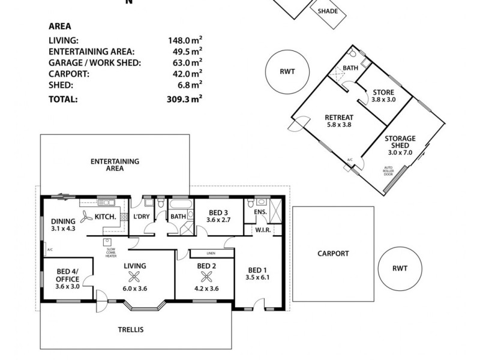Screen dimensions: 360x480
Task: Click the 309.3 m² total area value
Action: click(184, 100)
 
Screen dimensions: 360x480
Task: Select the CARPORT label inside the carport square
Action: click(332, 253)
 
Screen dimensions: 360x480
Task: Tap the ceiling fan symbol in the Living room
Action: click(134, 277)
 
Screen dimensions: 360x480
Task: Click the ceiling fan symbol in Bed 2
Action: click(206, 277)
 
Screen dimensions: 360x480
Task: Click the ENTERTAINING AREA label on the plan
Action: click(115, 165)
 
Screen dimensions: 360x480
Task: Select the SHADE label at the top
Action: click(327, 11)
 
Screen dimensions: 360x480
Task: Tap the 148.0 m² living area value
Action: click(184, 41)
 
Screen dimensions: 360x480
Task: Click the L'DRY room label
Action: click(142, 216)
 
